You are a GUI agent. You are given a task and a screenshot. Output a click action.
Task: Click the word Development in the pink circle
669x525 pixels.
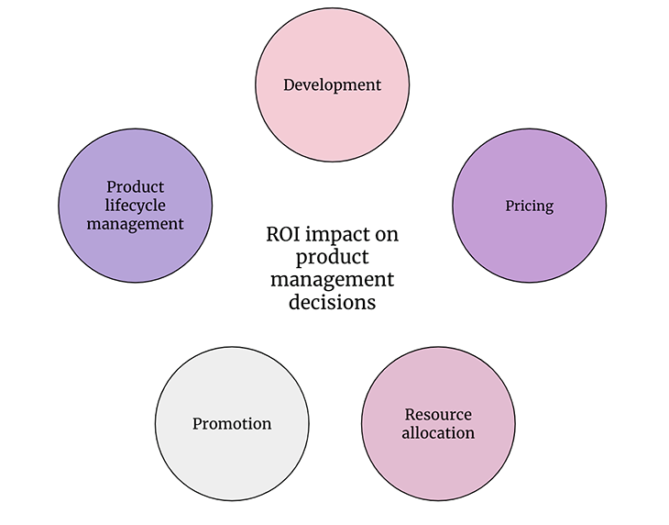click(x=332, y=85)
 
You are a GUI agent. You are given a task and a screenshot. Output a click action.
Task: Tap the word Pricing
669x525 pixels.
click(x=530, y=206)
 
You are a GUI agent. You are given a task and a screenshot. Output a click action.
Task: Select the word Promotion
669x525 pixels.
click(x=232, y=423)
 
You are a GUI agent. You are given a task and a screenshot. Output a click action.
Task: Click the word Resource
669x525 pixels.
click(x=438, y=414)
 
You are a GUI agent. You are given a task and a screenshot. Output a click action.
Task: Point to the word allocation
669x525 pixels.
click(x=438, y=432)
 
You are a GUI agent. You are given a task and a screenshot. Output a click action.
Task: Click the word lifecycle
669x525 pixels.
click(x=136, y=206)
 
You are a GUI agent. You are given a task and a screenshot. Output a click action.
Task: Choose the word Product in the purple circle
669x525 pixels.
click(x=136, y=186)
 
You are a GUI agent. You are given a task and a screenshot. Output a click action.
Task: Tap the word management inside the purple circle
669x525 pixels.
click(x=136, y=224)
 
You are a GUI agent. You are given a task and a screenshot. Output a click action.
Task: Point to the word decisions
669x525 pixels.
click(x=332, y=302)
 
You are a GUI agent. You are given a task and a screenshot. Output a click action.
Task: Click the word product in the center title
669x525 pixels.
click(x=332, y=257)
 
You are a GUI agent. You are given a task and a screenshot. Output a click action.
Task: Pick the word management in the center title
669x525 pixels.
click(x=332, y=280)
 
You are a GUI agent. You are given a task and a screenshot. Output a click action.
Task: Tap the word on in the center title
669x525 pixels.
click(x=387, y=235)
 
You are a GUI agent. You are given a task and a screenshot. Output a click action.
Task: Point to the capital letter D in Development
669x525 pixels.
click(x=290, y=84)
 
